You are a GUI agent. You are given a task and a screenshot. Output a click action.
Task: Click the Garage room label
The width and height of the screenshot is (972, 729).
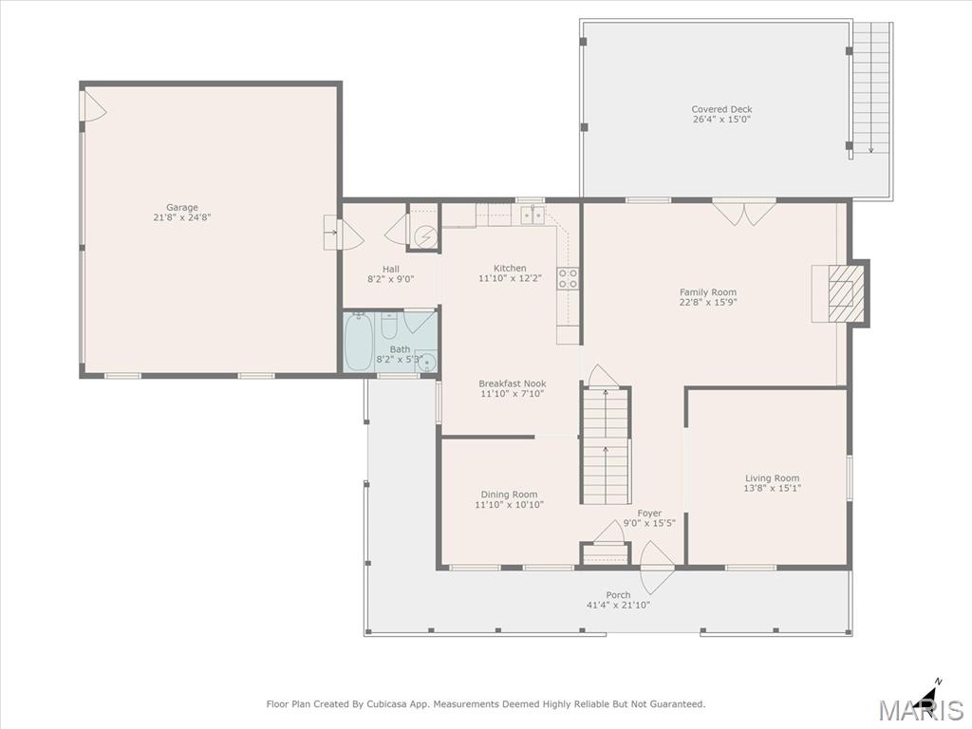[181, 208]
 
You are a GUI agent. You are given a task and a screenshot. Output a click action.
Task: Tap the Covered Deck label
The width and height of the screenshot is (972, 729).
[721, 109]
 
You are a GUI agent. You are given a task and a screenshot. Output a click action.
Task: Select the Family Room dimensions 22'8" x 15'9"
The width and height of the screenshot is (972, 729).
[708, 303]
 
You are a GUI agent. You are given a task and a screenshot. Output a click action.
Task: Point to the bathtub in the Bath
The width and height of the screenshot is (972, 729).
[358, 342]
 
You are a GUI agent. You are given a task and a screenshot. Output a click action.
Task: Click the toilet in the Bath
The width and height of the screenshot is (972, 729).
[389, 326]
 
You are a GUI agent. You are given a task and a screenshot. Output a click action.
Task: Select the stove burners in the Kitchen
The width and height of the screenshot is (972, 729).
[568, 278]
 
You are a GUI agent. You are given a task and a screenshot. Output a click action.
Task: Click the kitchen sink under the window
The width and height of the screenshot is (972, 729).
[533, 215]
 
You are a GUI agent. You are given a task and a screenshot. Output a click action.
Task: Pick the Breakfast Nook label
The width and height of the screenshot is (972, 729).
[513, 383]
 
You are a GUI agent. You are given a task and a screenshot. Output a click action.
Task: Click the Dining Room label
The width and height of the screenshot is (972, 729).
[509, 495]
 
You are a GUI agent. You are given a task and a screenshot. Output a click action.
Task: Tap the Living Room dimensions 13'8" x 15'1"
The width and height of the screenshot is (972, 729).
[773, 488]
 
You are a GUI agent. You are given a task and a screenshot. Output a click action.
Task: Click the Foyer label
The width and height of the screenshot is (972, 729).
[649, 514]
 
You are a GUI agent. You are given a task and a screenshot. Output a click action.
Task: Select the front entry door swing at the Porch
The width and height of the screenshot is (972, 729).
[657, 568]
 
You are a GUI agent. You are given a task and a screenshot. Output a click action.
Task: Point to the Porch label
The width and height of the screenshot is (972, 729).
[618, 595]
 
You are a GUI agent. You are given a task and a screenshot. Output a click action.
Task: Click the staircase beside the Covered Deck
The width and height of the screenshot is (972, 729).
[871, 87]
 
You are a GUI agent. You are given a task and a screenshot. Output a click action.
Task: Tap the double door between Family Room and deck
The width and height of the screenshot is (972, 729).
[744, 212]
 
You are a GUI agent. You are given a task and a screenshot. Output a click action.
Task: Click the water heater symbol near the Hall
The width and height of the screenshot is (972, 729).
[425, 236]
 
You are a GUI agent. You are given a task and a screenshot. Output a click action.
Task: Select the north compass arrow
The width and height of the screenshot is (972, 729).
[929, 695]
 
